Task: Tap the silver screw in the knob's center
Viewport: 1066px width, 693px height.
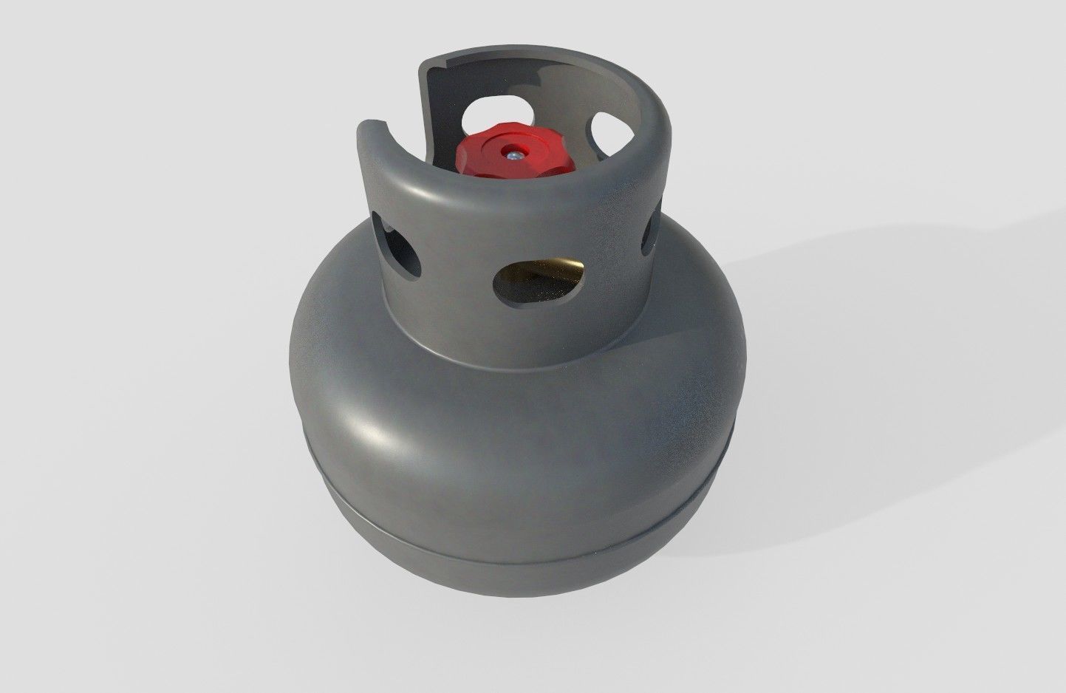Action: pyautogui.click(x=512, y=154)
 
